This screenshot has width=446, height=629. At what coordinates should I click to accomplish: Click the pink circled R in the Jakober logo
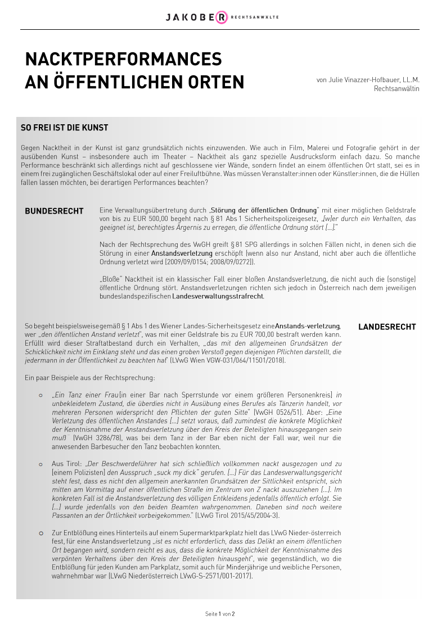tap(222, 17)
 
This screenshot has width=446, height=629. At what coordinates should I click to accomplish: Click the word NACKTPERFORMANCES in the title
tap(123, 60)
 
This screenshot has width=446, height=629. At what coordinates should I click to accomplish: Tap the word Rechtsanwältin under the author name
tap(397, 89)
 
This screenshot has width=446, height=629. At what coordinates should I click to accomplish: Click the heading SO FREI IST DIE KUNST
tap(64, 128)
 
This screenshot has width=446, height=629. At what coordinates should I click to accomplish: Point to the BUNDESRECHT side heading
tap(54, 211)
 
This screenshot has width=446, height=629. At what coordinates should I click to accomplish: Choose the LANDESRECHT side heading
tap(387, 327)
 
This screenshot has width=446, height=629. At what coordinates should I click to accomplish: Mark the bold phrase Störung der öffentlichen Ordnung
tap(264, 210)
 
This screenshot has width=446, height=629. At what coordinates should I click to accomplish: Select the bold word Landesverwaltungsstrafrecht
tap(218, 296)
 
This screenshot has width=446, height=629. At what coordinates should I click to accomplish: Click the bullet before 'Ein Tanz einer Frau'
tap(40, 395)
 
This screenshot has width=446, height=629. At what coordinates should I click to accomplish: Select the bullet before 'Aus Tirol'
tap(40, 464)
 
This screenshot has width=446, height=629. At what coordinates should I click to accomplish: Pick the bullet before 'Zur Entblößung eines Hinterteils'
tap(40, 532)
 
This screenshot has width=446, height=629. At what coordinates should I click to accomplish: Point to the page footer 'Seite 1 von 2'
tap(220, 614)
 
